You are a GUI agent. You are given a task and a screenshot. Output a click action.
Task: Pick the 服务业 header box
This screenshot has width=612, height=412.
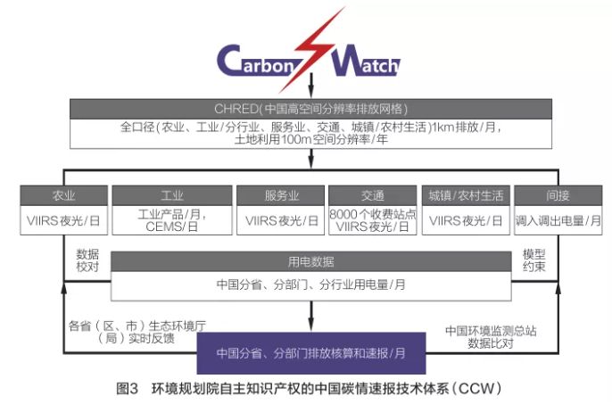[x=277, y=195]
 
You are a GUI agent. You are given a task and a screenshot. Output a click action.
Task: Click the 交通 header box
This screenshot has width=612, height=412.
[x=373, y=195]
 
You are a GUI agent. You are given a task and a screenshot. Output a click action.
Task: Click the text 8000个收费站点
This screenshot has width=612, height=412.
[x=373, y=215]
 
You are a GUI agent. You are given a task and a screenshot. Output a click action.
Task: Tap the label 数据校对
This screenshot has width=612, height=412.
[x=87, y=260]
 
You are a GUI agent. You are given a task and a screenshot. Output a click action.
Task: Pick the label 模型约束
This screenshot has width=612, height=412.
[x=534, y=260]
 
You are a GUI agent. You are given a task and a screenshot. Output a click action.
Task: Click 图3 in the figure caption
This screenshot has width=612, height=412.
[x=128, y=389]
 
